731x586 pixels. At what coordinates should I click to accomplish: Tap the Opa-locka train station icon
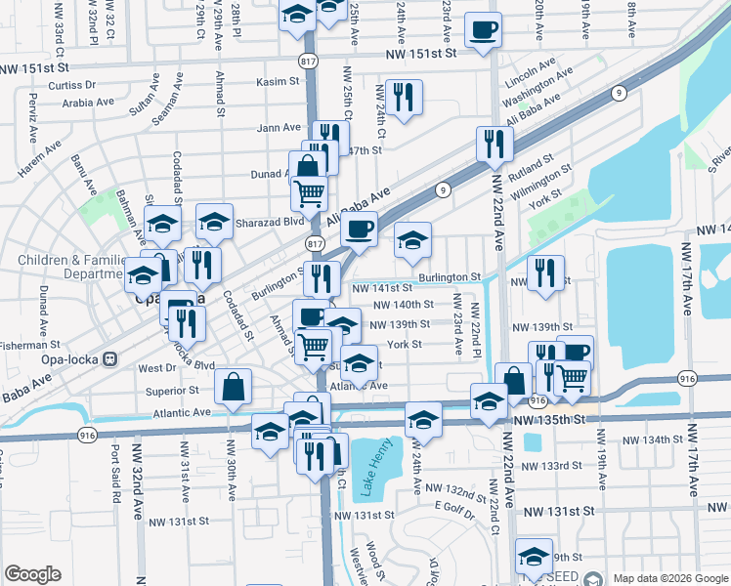click(x=110, y=358)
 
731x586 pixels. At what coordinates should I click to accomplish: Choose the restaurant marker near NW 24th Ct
click(x=403, y=98)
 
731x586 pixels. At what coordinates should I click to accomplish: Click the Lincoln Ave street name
click(x=531, y=74)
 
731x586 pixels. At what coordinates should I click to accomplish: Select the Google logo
click(x=32, y=574)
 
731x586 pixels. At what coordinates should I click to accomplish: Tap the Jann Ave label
click(x=279, y=128)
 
